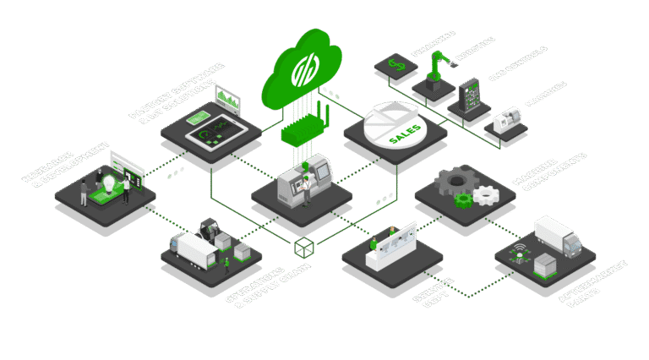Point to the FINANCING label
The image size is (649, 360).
(x=434, y=42)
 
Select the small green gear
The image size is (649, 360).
(x=463, y=200)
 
